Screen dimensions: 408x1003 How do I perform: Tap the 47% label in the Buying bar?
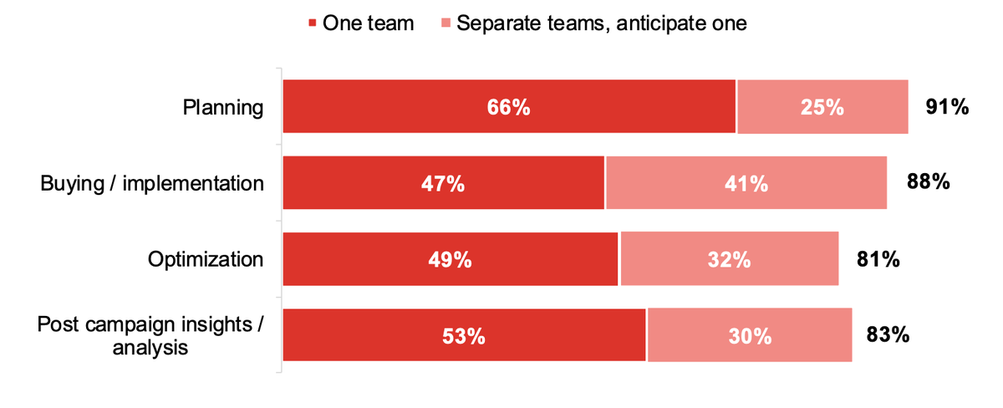click(x=443, y=183)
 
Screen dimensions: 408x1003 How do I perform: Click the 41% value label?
click(x=746, y=183)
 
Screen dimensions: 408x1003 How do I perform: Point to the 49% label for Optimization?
click(x=450, y=260)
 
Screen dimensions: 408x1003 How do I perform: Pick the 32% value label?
click(x=728, y=260)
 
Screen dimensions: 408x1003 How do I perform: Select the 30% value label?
click(x=749, y=336)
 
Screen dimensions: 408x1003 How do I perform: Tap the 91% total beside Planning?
click(x=946, y=106)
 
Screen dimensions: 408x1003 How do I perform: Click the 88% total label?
click(x=928, y=181)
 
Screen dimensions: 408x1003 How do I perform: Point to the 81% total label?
click(x=878, y=259)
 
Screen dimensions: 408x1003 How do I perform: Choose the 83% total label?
click(x=888, y=335)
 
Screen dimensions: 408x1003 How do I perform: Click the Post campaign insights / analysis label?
click(x=150, y=336)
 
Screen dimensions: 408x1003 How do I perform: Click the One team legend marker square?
click(x=313, y=24)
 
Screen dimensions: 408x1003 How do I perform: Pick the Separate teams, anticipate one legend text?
click(x=601, y=23)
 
